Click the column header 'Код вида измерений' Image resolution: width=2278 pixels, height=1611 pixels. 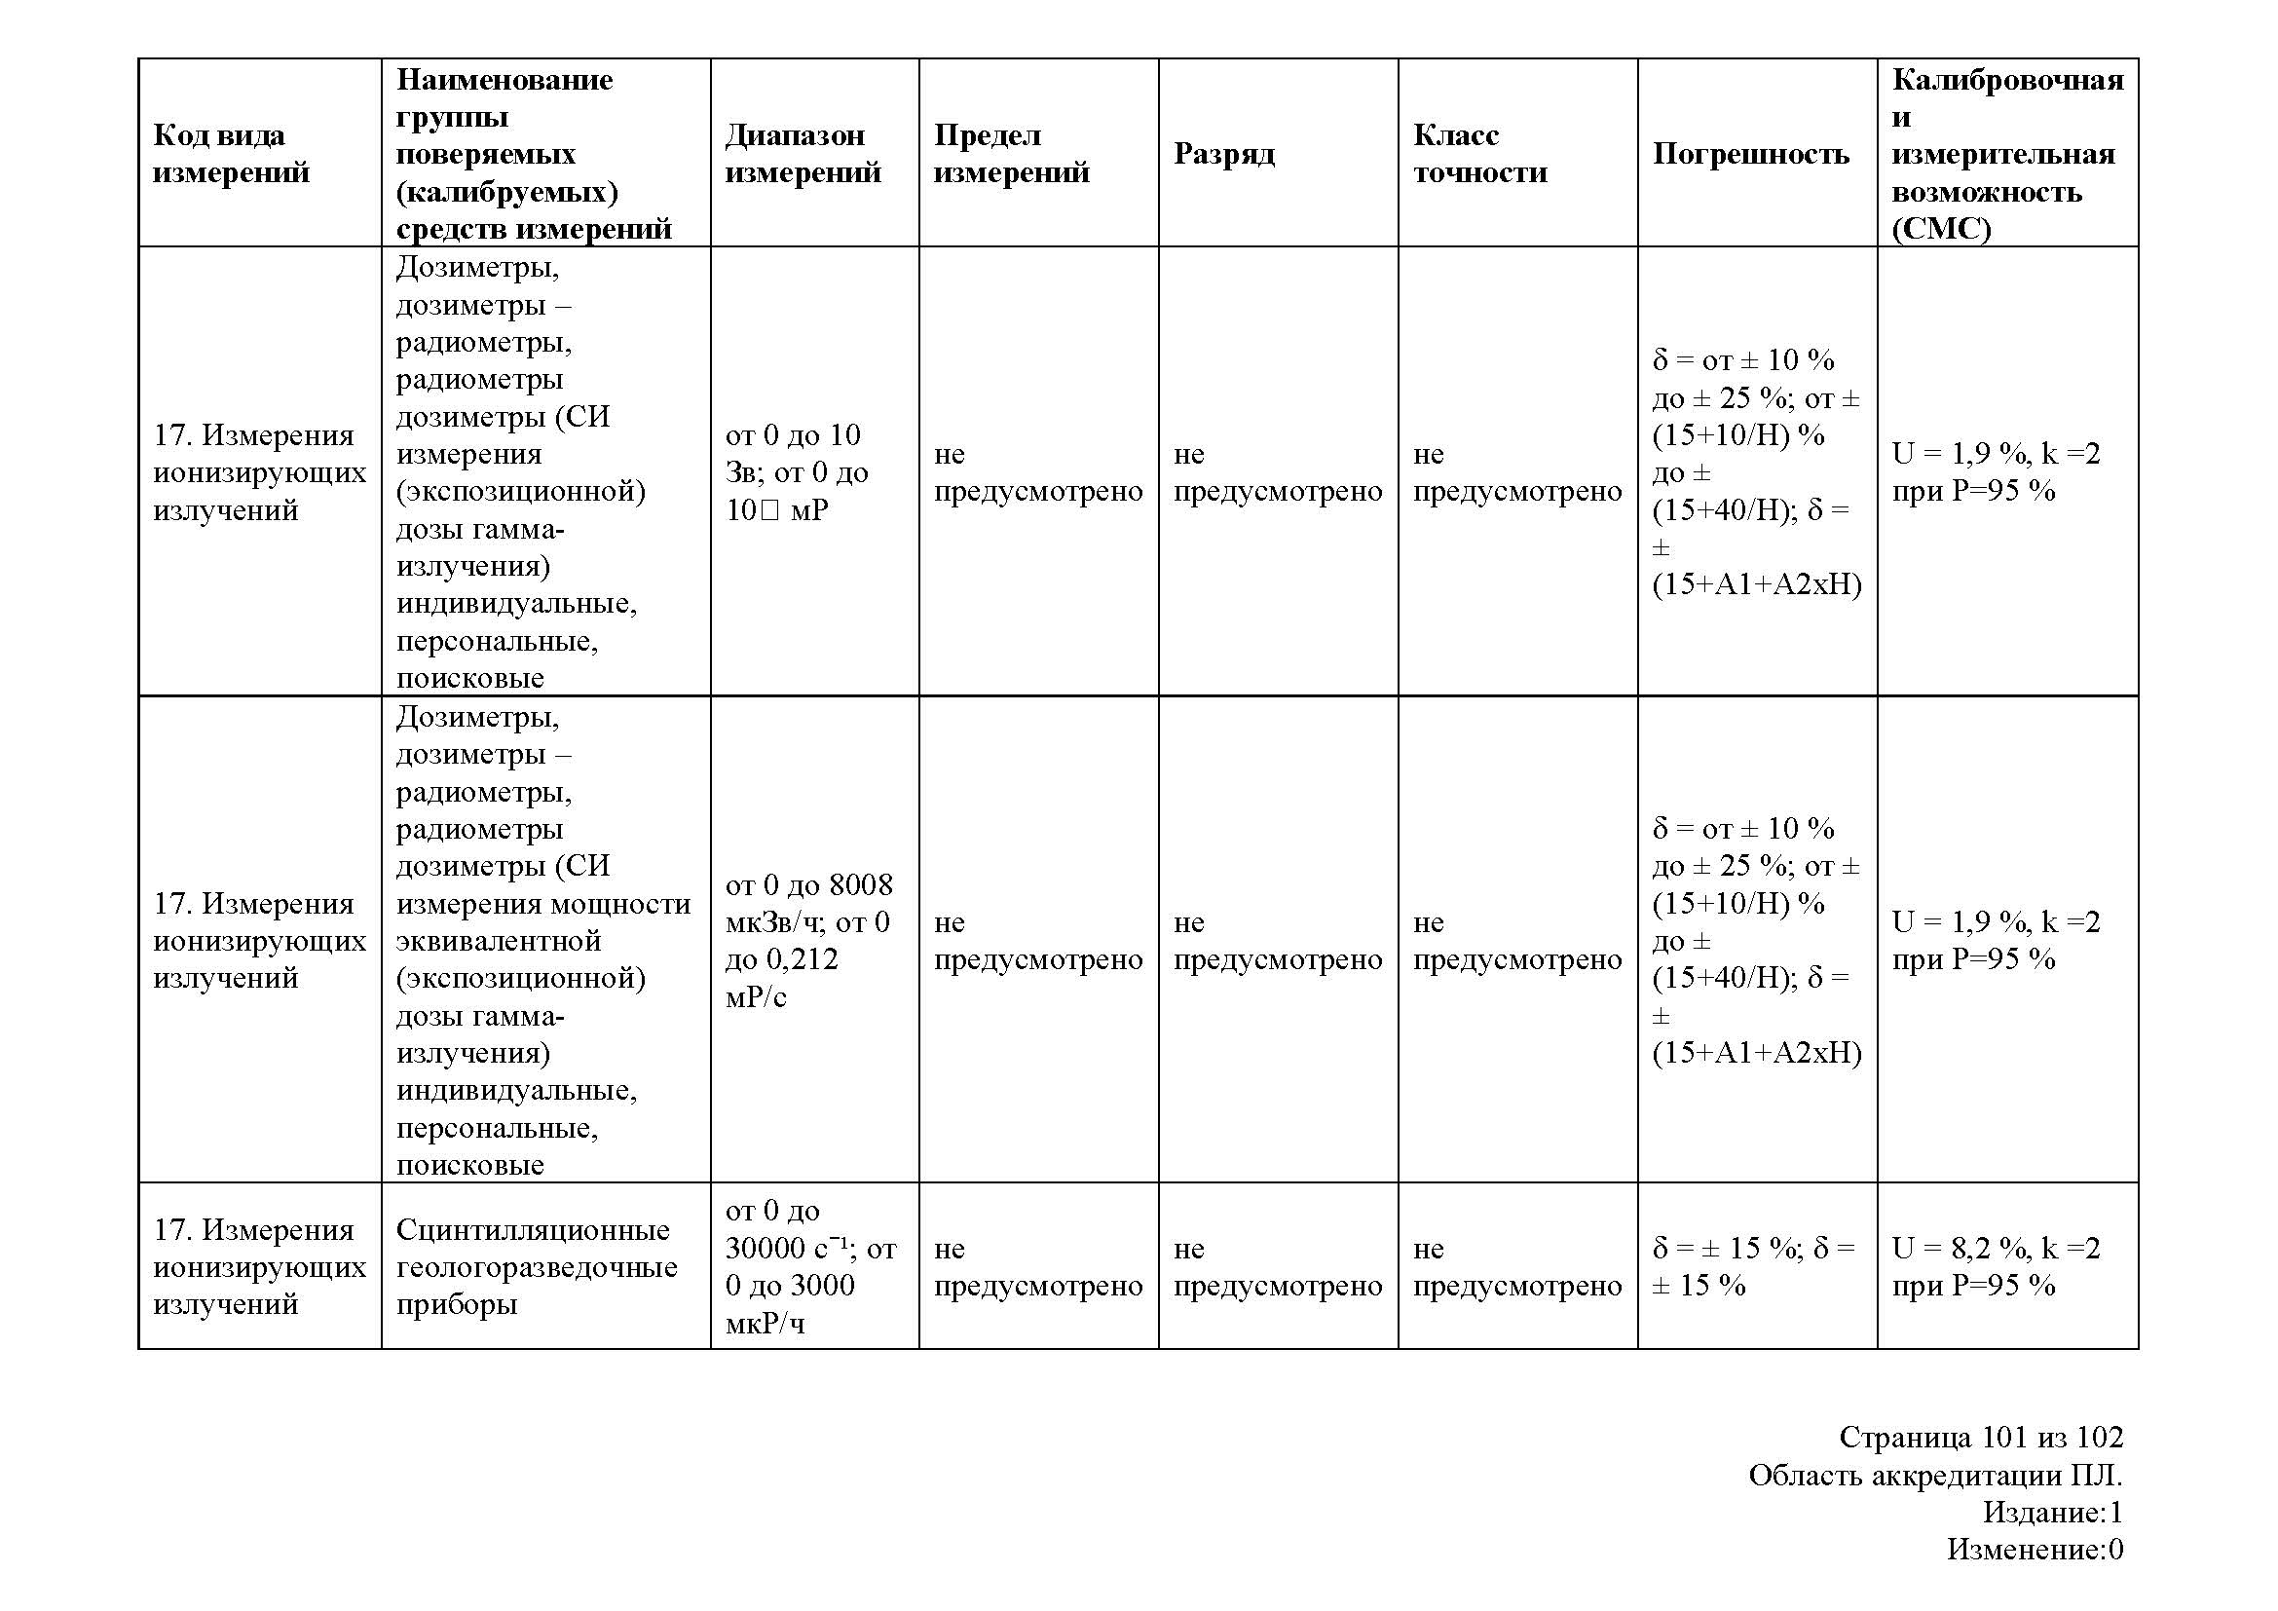pyautogui.click(x=231, y=153)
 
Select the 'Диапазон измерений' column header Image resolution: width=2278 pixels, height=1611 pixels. pyautogui.click(x=803, y=153)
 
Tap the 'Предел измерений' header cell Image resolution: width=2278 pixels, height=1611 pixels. pyautogui.click(x=1011, y=153)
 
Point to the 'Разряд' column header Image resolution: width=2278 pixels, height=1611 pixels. pyautogui.click(x=1223, y=153)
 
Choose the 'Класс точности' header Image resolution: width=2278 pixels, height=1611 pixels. pyautogui.click(x=1479, y=153)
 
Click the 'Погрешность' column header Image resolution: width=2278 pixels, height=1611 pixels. pyautogui.click(x=1750, y=153)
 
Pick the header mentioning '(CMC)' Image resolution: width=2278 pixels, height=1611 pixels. pyautogui.click(x=2006, y=153)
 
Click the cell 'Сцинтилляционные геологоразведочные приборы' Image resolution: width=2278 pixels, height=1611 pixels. pyautogui.click(x=536, y=1266)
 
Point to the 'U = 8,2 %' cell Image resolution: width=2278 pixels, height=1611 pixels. pyautogui.click(x=1996, y=1266)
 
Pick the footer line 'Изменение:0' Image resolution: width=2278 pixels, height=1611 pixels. pyautogui.click(x=2034, y=1549)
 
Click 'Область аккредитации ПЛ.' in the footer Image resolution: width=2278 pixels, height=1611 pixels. pyautogui.click(x=1935, y=1474)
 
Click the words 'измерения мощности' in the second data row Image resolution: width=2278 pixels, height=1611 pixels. pyautogui.click(x=542, y=903)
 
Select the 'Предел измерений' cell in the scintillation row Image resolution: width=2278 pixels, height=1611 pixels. pyautogui.click(x=1037, y=1266)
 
